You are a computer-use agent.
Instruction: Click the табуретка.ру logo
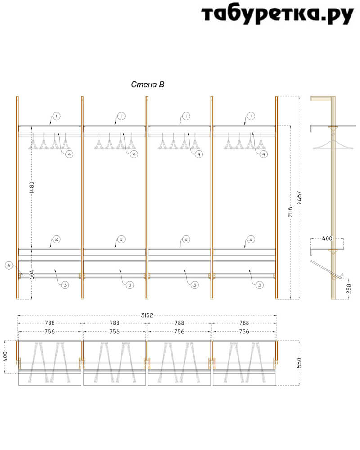point(277,14)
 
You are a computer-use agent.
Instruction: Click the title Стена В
point(148,85)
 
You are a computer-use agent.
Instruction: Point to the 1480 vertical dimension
point(32,187)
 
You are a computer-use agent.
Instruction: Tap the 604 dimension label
point(32,274)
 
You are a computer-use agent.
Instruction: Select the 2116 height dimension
point(291,212)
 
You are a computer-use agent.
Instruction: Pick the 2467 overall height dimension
point(299,198)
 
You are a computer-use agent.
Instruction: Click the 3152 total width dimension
point(147,315)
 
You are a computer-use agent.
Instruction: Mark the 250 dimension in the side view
point(349,289)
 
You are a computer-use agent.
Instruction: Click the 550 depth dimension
point(299,363)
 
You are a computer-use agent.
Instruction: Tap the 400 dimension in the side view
point(327,238)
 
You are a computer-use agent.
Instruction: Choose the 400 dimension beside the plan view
point(5,357)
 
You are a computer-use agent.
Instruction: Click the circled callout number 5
point(9,265)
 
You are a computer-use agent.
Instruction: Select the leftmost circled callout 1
point(57,116)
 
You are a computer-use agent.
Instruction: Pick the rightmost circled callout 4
point(264,154)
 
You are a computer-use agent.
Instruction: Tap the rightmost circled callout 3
point(260,285)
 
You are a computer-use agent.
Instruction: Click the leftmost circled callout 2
point(57,239)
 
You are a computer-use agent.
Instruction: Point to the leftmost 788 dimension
point(49,323)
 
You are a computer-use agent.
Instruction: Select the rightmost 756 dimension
point(244,332)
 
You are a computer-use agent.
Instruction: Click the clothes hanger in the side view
point(333,143)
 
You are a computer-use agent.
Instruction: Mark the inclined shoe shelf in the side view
point(327,270)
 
